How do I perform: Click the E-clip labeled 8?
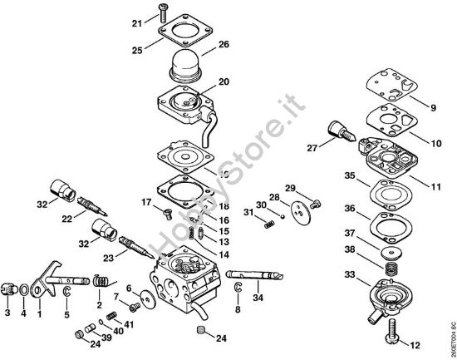click(238, 289)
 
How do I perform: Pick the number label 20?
click(224, 82)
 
